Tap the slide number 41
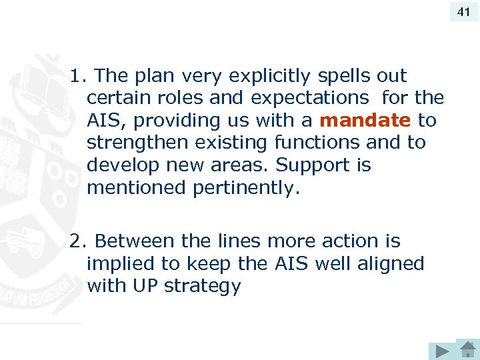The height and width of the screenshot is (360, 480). click(463, 11)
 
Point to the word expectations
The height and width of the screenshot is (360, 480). click(309, 98)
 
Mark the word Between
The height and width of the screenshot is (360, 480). click(130, 241)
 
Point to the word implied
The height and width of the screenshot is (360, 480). click(121, 264)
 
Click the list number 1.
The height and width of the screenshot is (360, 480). click(75, 76)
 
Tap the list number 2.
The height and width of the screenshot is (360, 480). click(75, 241)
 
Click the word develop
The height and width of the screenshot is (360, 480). click(122, 165)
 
